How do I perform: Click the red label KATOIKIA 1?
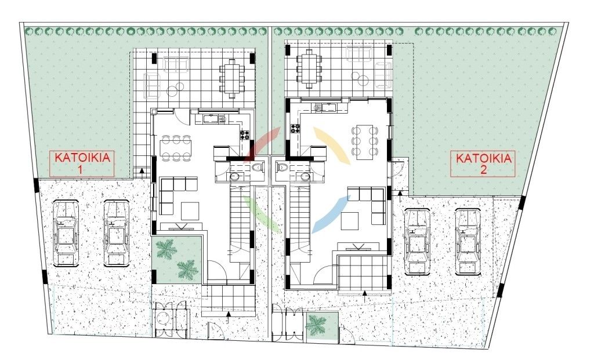point(82,163)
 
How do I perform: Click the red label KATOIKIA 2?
point(483,163)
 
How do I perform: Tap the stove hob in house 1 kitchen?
point(245,134)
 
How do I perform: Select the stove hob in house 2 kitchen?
point(295,129)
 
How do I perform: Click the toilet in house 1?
point(258,166)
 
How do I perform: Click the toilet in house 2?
point(282,166)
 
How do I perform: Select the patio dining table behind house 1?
point(231,78)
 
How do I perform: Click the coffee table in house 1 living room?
point(190,211)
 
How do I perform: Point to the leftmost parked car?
point(66,233)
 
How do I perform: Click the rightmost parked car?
point(468,241)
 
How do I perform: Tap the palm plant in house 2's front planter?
point(316,325)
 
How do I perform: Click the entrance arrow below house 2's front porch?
point(365,297)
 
